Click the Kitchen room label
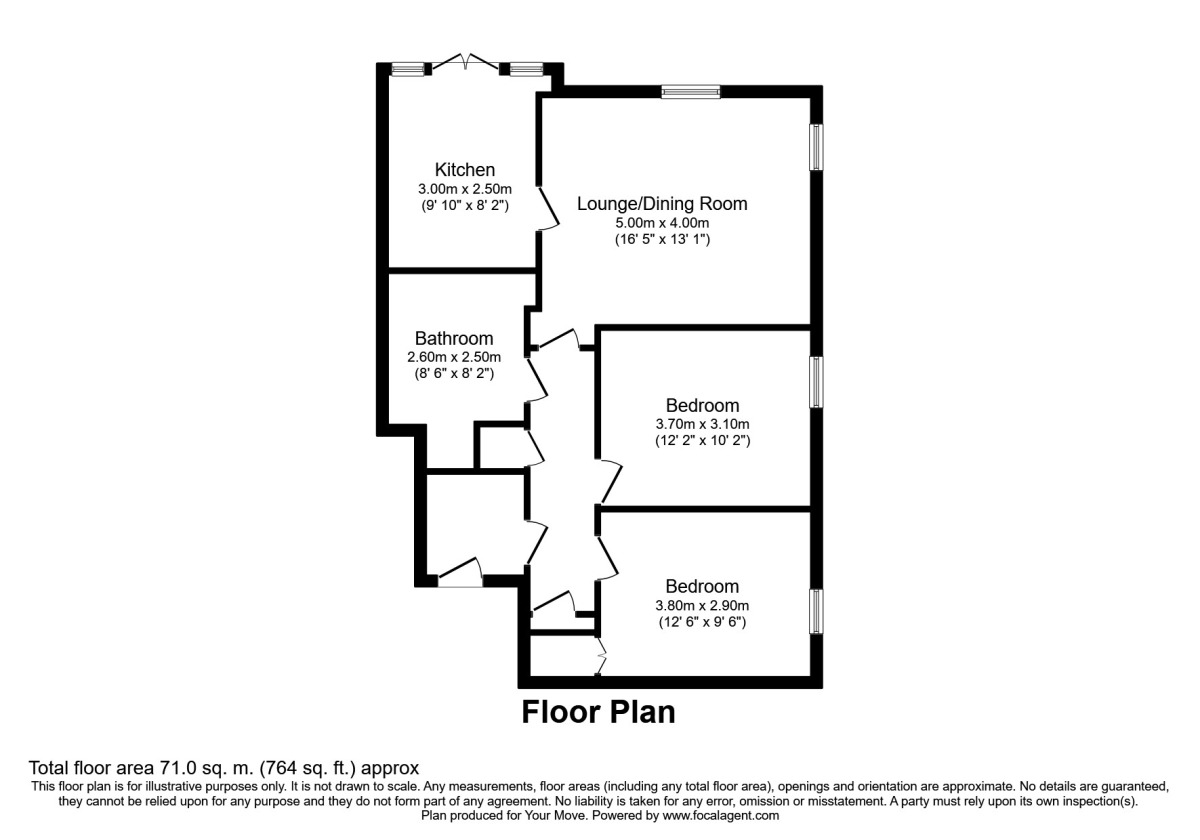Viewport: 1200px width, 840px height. [464, 169]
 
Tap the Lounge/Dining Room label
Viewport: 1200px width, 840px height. [662, 204]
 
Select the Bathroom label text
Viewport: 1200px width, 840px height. [455, 338]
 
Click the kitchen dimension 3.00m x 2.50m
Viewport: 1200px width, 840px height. [464, 188]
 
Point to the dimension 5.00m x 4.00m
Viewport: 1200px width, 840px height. [662, 223]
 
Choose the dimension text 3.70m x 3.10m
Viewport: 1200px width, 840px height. [702, 424]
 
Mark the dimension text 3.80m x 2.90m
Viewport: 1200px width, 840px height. [702, 605]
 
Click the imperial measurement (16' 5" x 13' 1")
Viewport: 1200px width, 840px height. [662, 240]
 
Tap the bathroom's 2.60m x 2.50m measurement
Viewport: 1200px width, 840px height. [455, 356]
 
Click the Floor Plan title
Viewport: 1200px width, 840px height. [598, 713]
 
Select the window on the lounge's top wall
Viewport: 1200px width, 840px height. [691, 92]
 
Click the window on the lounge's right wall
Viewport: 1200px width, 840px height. [816, 147]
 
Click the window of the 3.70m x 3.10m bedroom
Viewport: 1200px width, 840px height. [816, 382]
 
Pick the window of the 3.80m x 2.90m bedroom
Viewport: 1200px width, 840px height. [816, 611]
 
